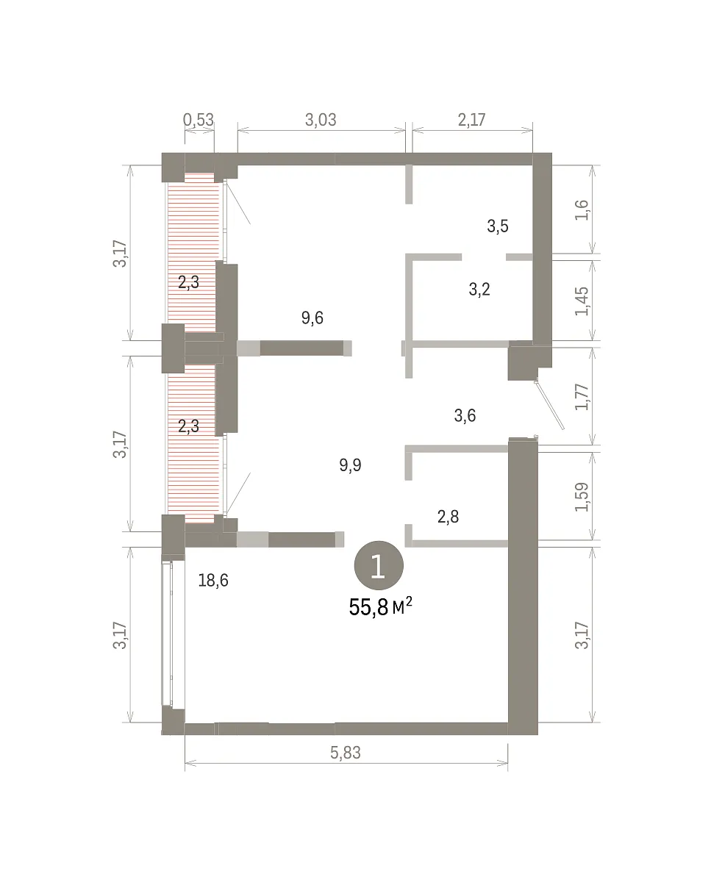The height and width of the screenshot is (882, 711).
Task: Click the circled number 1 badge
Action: click(x=379, y=566)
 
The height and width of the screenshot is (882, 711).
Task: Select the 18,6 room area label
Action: click(x=213, y=581)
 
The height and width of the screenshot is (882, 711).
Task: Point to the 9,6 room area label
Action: click(x=312, y=318)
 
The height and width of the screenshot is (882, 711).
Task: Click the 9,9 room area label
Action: click(x=350, y=465)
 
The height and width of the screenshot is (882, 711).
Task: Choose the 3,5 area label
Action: click(x=498, y=226)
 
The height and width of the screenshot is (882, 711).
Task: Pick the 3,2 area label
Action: click(x=479, y=290)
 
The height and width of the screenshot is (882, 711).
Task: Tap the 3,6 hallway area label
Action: click(x=465, y=415)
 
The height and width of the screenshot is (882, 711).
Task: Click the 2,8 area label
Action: click(x=449, y=517)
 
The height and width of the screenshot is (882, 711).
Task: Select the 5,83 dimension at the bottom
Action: click(x=346, y=753)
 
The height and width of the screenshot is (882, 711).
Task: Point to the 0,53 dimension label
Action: click(x=199, y=120)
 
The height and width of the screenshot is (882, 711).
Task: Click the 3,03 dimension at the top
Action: click(x=321, y=120)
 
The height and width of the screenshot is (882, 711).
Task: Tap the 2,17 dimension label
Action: click(x=471, y=120)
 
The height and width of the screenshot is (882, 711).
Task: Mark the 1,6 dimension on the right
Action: click(x=582, y=210)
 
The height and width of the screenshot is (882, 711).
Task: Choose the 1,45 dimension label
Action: click(x=582, y=301)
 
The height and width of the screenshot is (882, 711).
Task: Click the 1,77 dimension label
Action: click(x=582, y=397)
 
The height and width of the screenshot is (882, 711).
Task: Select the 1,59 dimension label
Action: click(x=582, y=497)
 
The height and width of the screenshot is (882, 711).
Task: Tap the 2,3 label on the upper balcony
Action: click(x=189, y=282)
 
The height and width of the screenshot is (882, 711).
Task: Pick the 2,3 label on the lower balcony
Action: click(x=189, y=426)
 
